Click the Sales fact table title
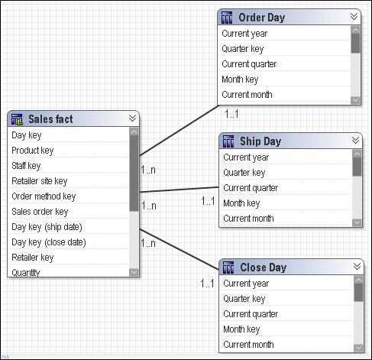pos(50,119)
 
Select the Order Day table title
pos(261,18)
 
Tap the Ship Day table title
pos(260,141)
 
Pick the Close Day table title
pos(264,268)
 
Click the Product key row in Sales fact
pos(33,151)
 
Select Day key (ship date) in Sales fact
pos(47,227)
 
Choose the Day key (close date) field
pos(49,242)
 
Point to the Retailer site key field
pos(40,181)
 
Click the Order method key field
pos(44,196)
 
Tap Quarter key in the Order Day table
pos(242,49)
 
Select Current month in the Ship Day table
pos(248,219)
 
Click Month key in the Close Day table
pos(241,329)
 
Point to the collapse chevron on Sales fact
pos(132,118)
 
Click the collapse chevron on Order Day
pos(354,17)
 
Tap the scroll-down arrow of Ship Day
pos(357,222)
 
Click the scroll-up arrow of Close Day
pos(358,280)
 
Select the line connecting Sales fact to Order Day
pos(180,130)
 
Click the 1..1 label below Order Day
pos(231,114)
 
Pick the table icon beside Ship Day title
pos(228,141)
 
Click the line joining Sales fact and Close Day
pos(180,249)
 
